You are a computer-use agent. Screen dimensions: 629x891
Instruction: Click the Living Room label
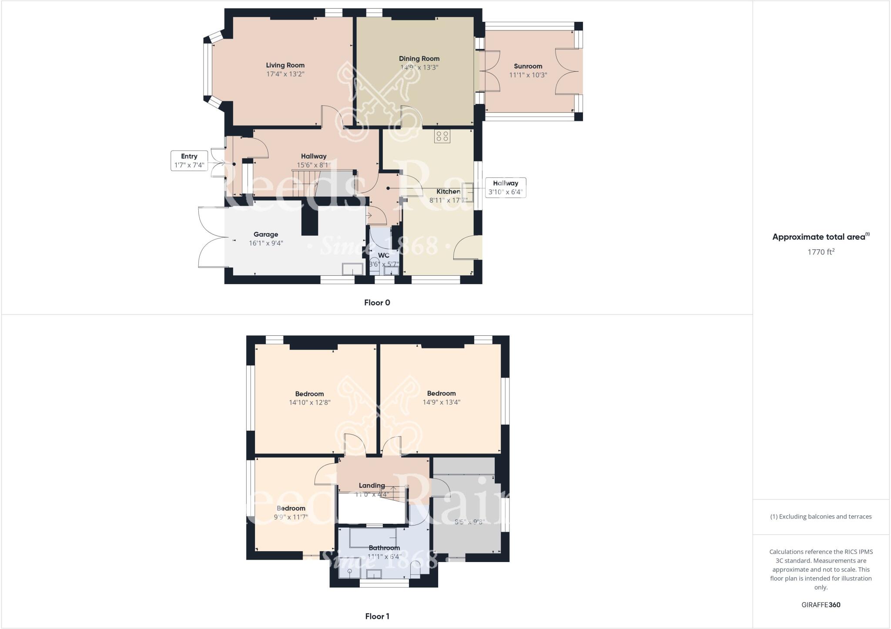[285, 65]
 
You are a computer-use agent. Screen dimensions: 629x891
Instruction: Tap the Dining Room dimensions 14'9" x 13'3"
[419, 67]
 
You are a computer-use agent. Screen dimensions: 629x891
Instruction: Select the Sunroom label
[528, 66]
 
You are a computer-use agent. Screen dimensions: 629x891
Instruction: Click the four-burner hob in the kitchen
[442, 136]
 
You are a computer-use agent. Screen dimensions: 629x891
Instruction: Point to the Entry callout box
[189, 161]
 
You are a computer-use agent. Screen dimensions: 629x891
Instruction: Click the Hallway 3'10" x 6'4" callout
[505, 187]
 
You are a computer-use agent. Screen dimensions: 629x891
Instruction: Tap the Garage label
[265, 234]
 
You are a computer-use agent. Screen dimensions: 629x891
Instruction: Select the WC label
[383, 255]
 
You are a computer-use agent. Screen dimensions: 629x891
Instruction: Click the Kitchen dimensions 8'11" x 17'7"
[448, 200]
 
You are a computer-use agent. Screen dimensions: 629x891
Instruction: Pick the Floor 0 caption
[377, 303]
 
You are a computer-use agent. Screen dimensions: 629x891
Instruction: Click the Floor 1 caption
[377, 616]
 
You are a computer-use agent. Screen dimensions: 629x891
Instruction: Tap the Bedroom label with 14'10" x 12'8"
[309, 394]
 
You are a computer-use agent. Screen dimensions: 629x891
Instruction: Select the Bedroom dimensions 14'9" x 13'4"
[441, 402]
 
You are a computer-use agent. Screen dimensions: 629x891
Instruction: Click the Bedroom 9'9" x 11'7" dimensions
[291, 517]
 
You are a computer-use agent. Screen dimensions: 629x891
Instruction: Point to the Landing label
[372, 485]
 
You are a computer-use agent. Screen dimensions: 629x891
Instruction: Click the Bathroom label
[384, 548]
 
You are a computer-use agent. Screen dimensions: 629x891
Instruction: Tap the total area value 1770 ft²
[821, 252]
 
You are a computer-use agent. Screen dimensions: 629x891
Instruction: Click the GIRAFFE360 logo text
[821, 605]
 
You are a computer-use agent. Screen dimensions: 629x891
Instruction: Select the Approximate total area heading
[821, 237]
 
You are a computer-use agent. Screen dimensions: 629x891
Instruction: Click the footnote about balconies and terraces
[821, 517]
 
